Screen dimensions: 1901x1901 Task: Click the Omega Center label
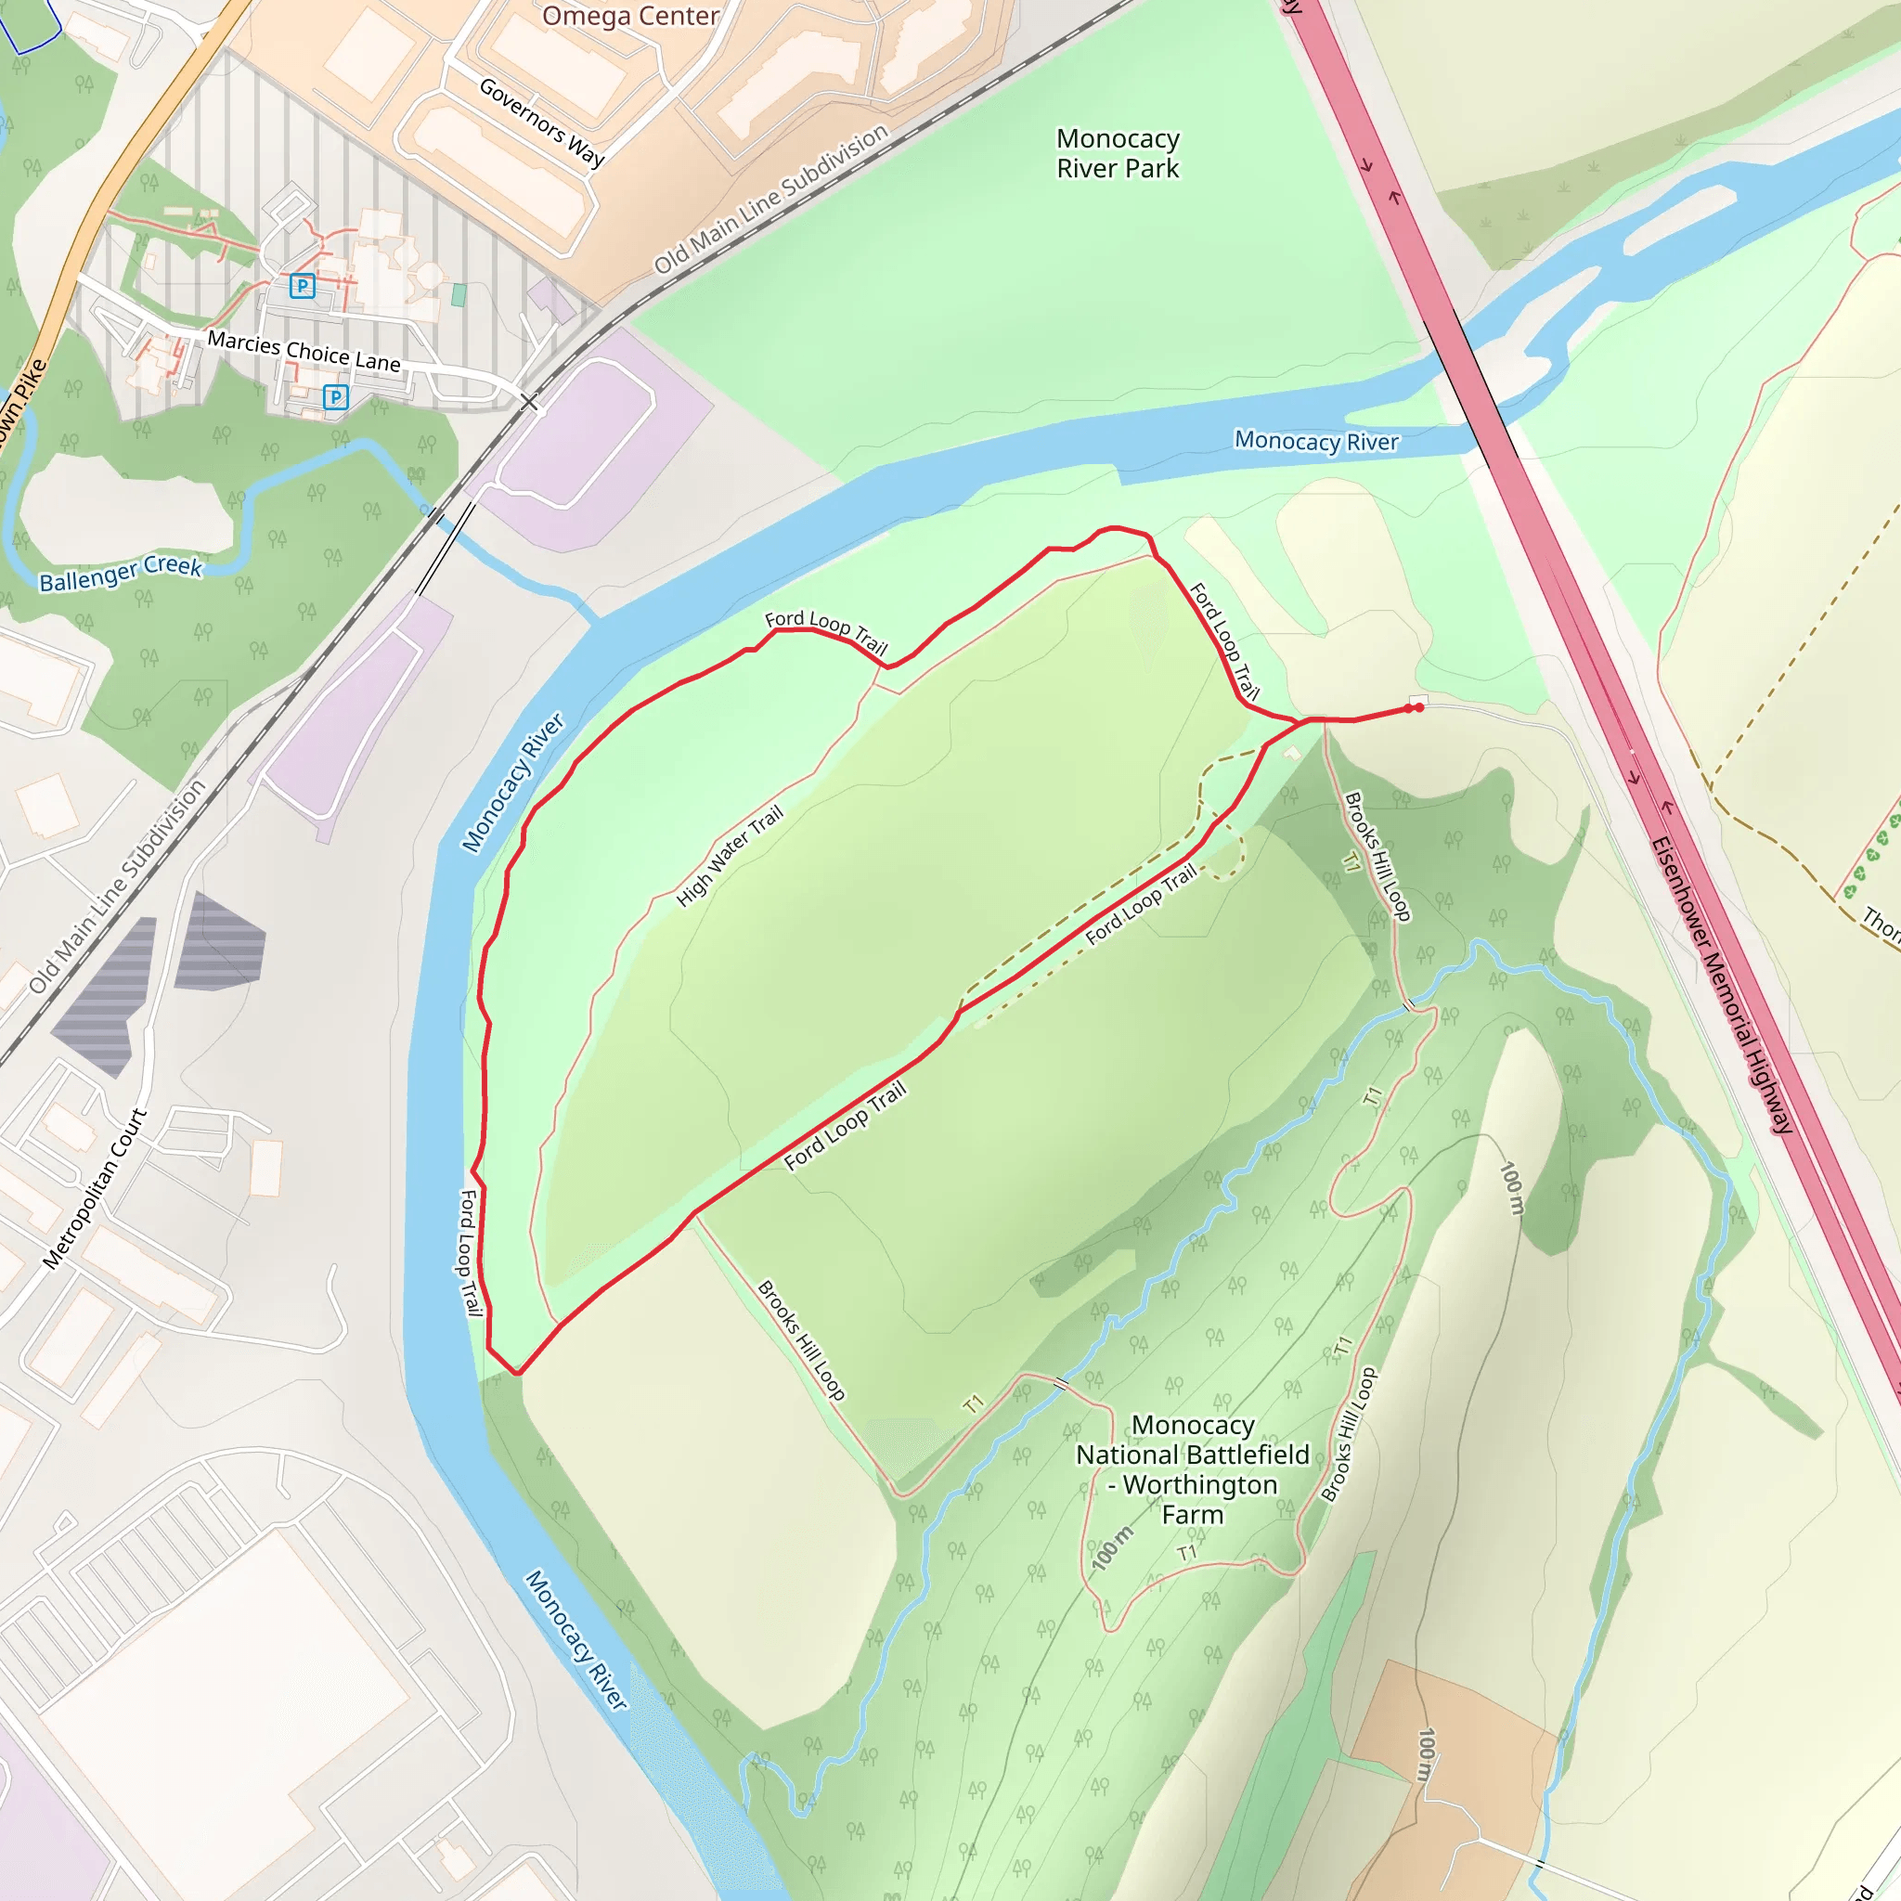[x=630, y=16]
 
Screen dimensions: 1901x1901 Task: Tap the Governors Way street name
[x=541, y=122]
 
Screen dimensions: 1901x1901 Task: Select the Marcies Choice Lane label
[x=303, y=351]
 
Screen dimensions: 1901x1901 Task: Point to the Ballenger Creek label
[x=120, y=573]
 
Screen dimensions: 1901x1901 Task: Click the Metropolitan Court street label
[x=95, y=1189]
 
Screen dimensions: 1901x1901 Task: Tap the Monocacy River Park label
[x=1118, y=153]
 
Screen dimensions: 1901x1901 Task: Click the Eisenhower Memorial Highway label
[x=1722, y=984]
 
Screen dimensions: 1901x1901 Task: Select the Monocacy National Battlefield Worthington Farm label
[x=1193, y=1470]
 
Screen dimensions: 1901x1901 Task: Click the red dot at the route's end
[x=1419, y=707]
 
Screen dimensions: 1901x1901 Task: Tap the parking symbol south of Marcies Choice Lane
[x=335, y=396]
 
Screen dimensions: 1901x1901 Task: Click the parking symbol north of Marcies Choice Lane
[x=302, y=286]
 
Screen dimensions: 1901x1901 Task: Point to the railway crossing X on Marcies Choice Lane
[x=529, y=401]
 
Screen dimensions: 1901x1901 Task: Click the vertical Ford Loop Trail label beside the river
[x=472, y=1252]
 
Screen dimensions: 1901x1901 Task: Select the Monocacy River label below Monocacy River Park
[x=1316, y=441]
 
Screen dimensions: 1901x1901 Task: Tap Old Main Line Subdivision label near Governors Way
[x=771, y=199]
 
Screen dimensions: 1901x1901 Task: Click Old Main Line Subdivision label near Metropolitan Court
[x=117, y=886]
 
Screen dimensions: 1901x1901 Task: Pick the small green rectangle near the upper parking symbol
[x=458, y=294]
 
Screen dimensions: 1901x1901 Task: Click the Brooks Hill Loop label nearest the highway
[x=1377, y=856]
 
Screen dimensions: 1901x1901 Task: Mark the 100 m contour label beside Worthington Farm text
[x=1112, y=1547]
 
